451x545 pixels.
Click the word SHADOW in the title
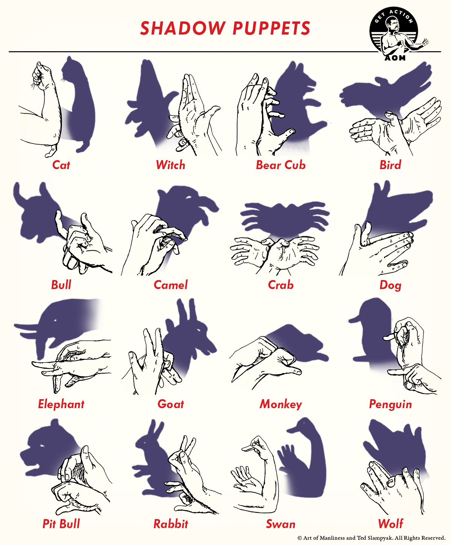click(x=183, y=28)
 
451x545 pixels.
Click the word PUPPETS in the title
click(x=271, y=28)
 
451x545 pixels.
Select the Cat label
click(x=61, y=165)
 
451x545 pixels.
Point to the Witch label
click(x=171, y=165)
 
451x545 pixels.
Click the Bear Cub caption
click(x=281, y=165)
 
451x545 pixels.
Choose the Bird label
click(x=390, y=165)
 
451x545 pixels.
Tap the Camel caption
click(x=171, y=285)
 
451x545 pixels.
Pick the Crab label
click(x=281, y=285)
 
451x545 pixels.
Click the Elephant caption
click(x=61, y=404)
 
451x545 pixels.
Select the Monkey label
click(x=281, y=404)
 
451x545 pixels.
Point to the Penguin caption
click(x=390, y=404)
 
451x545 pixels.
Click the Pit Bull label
click(x=61, y=524)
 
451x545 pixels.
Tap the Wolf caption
click(x=390, y=524)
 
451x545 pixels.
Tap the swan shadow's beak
click(x=294, y=430)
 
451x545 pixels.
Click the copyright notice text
click(x=371, y=538)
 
